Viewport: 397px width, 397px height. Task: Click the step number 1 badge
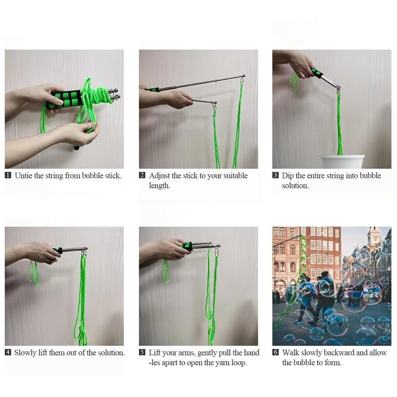[x=8, y=175]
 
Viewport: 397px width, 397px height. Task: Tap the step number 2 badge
[x=142, y=175]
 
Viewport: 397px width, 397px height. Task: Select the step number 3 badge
[x=276, y=175]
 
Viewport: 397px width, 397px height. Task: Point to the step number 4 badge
[x=8, y=352]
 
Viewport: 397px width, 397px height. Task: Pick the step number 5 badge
[x=142, y=352]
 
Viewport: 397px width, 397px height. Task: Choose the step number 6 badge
[x=276, y=352]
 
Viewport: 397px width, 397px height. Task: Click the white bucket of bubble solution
[x=342, y=162]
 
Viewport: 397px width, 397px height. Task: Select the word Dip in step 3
[x=288, y=175]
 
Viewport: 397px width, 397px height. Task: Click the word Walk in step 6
[x=291, y=353]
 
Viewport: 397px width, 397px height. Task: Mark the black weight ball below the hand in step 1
[x=76, y=148]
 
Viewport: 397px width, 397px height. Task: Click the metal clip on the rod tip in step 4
[x=83, y=252]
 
